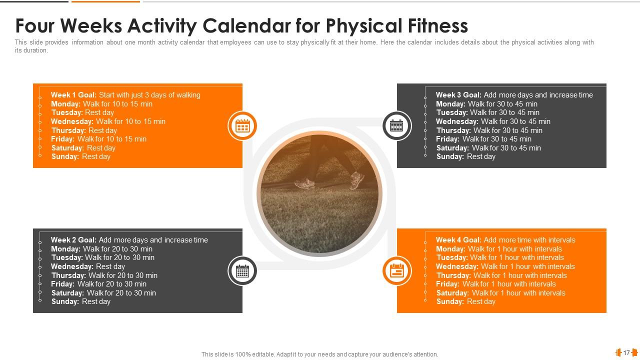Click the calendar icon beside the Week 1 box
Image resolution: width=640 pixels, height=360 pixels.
pyautogui.click(x=242, y=126)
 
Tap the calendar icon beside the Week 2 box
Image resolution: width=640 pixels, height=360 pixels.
pyautogui.click(x=242, y=271)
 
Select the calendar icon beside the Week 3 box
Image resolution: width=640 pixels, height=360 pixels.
pyautogui.click(x=396, y=126)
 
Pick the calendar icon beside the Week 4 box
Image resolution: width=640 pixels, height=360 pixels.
pyautogui.click(x=396, y=271)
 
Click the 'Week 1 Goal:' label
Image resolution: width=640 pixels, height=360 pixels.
pyautogui.click(x=74, y=95)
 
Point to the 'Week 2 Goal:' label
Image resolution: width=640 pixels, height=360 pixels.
pyautogui.click(x=74, y=240)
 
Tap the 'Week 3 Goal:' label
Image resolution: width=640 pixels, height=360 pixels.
pyautogui.click(x=458, y=95)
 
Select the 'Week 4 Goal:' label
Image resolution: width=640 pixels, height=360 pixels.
pyautogui.click(x=458, y=240)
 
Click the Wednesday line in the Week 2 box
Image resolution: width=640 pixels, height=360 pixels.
pyautogui.click(x=88, y=266)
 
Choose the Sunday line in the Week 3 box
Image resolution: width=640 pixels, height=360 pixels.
pyautogui.click(x=465, y=156)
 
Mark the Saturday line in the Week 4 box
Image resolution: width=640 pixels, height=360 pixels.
pyautogui.click(x=500, y=293)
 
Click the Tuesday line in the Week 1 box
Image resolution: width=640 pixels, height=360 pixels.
pyautogui.click(x=82, y=112)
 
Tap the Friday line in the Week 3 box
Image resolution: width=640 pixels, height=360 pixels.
pyautogui.click(x=483, y=139)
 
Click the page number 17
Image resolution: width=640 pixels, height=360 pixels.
pyautogui.click(x=626, y=353)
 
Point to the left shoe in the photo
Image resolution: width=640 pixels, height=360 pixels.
pyautogui.click(x=304, y=184)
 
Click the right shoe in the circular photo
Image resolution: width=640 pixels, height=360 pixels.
pyautogui.click(x=357, y=180)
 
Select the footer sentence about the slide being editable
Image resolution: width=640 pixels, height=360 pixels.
pyautogui.click(x=319, y=354)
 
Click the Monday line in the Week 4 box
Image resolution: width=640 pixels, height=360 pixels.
pyautogui.click(x=498, y=249)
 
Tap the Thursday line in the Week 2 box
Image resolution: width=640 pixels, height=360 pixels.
pyautogui.click(x=104, y=275)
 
